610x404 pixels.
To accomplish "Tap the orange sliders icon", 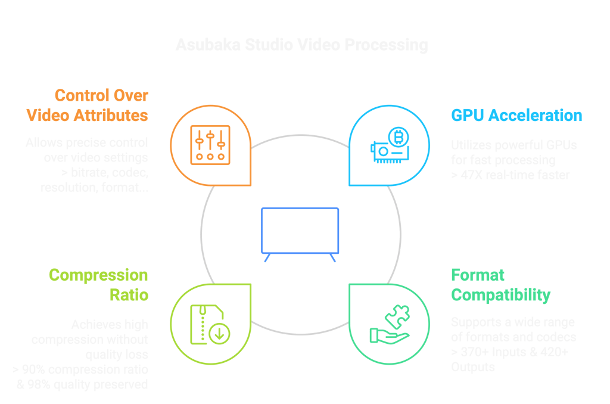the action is click(x=210, y=145).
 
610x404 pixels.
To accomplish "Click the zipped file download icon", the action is click(x=210, y=324).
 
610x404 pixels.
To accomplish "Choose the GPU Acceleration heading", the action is click(x=516, y=116).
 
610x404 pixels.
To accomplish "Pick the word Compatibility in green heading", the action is click(x=500, y=295).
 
